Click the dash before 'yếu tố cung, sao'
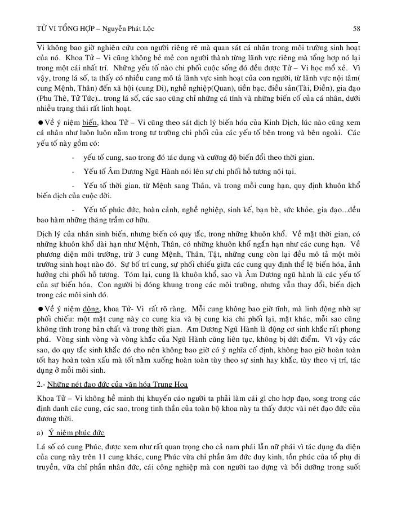74,157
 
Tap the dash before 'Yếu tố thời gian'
74,185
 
